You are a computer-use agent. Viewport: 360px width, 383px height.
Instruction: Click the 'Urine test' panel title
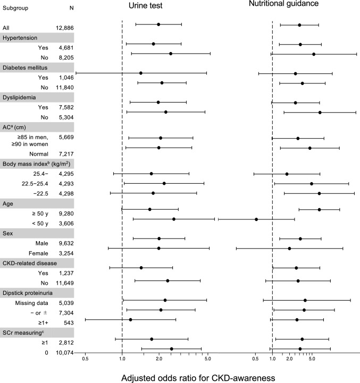(145, 5)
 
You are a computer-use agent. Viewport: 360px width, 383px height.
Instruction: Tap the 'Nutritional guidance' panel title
(284, 3)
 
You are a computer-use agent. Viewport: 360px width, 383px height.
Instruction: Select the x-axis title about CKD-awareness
(198, 378)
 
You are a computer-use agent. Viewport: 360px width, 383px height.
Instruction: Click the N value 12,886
(64, 28)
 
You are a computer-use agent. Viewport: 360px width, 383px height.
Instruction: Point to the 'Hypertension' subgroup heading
(20, 38)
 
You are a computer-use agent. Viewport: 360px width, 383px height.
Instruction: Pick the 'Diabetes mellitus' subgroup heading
(25, 67)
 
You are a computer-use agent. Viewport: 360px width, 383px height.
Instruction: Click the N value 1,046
(66, 78)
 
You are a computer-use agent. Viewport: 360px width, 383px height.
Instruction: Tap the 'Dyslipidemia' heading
(19, 97)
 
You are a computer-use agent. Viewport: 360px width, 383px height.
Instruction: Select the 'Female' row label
(38, 253)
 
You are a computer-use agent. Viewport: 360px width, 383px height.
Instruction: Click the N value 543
(69, 322)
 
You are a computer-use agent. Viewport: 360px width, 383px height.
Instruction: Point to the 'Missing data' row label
(31, 303)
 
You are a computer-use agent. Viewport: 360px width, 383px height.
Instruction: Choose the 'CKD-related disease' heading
(30, 263)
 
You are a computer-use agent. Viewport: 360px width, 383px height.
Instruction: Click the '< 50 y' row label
(40, 223)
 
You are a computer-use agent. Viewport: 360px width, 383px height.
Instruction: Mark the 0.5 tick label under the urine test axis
(85, 359)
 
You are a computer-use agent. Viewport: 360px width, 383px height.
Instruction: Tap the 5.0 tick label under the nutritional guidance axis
(312, 359)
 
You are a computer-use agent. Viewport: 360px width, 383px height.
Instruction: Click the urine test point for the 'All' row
(158, 24)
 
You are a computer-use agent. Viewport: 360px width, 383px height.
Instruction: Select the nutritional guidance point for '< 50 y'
(256, 219)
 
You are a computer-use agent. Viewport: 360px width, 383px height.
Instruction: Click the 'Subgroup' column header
(15, 8)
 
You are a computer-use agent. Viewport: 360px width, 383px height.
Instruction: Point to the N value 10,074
(64, 353)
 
